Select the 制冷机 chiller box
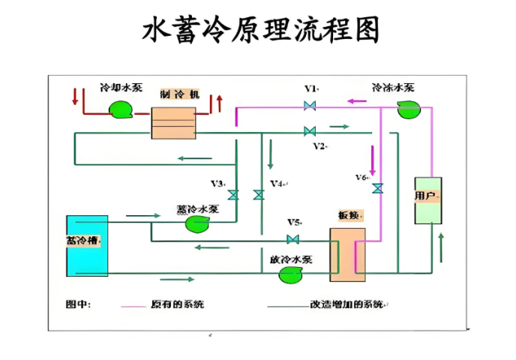click(173, 123)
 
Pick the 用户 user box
click(428, 200)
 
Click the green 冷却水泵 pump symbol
click(120, 111)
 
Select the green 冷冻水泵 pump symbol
click(408, 109)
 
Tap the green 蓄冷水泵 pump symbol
click(198, 223)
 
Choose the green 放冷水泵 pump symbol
click(290, 274)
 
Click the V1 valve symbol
click(310, 106)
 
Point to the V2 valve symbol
click(310, 131)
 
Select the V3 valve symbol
click(233, 195)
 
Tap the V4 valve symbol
click(259, 195)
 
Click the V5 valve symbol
click(293, 239)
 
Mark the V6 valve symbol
click(377, 188)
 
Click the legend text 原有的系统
click(177, 304)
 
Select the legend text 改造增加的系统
click(346, 304)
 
